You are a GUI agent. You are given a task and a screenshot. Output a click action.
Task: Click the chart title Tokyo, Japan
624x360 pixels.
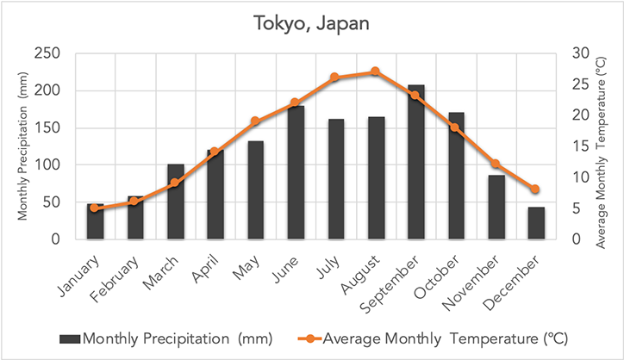click(311, 22)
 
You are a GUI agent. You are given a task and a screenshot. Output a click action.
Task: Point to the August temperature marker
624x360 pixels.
click(375, 71)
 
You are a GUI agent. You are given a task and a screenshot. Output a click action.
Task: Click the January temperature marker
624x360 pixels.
click(95, 208)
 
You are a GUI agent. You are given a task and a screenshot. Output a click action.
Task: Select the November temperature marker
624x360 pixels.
click(495, 164)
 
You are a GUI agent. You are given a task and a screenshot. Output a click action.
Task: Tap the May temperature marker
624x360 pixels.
click(254, 121)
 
